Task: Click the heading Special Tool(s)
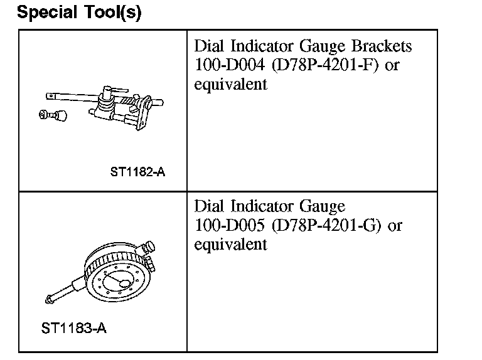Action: [x=79, y=13]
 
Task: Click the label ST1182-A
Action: [x=137, y=171]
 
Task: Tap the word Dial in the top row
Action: [x=207, y=46]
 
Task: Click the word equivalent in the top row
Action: [x=230, y=84]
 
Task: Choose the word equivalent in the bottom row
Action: [x=230, y=244]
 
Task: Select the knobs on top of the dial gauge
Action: [x=148, y=249]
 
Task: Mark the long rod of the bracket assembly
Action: [x=69, y=97]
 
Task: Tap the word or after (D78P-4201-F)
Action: [x=392, y=65]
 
